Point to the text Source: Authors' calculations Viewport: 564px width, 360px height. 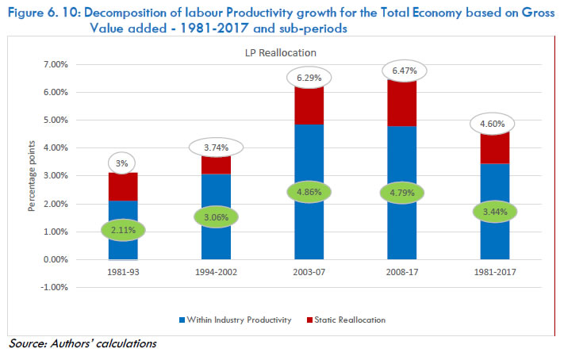coord(84,345)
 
